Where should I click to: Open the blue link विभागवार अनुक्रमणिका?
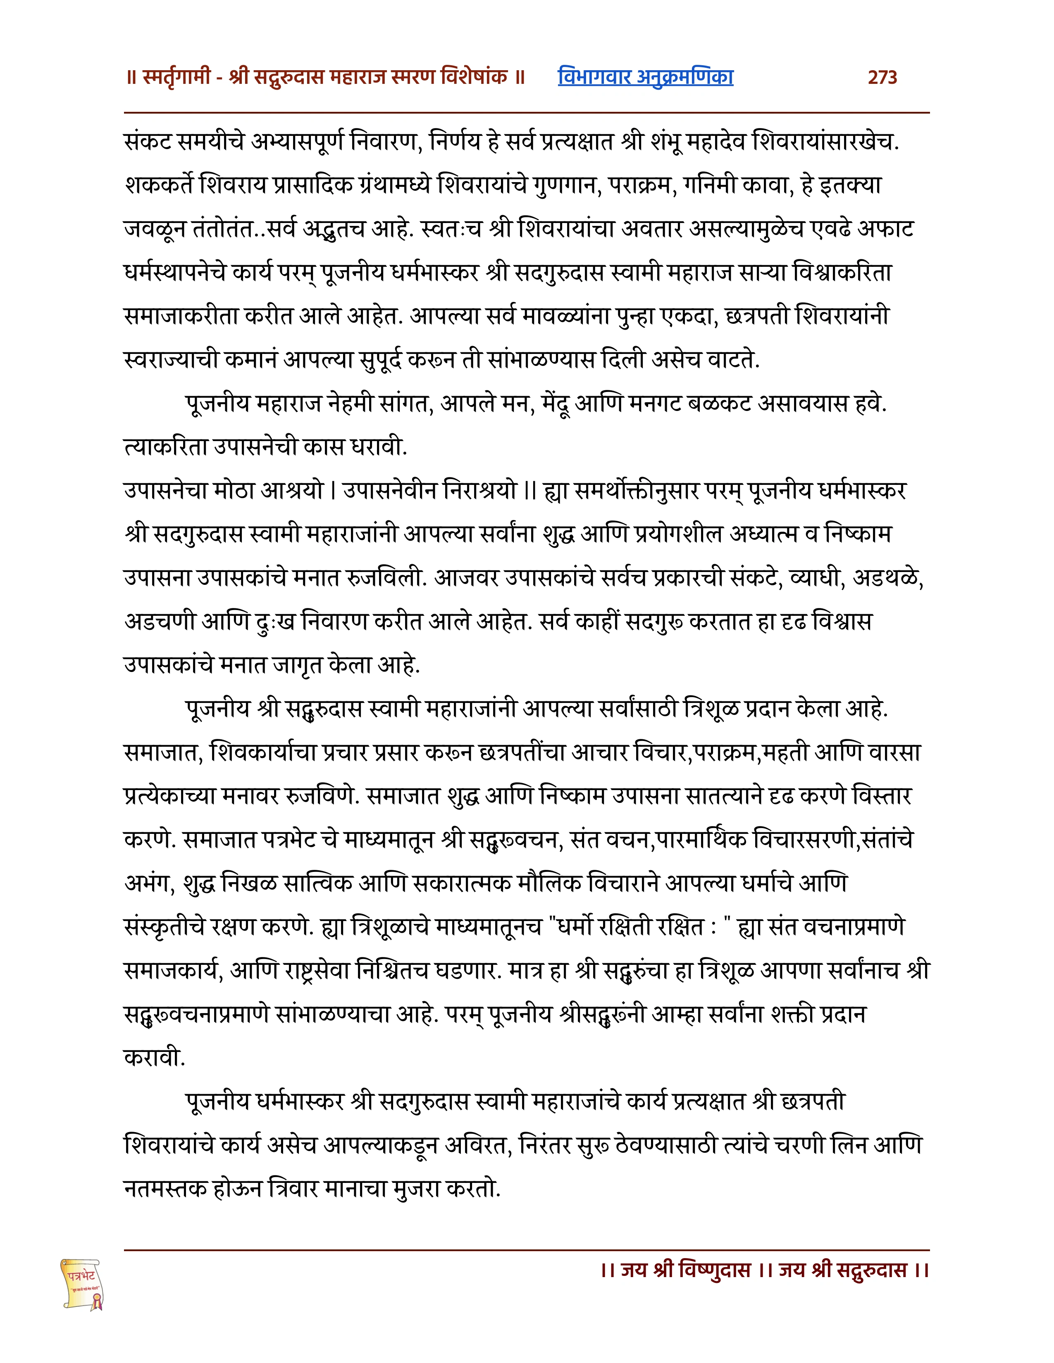(645, 77)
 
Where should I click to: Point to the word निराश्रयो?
(479, 491)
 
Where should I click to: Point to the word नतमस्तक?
(165, 1188)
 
